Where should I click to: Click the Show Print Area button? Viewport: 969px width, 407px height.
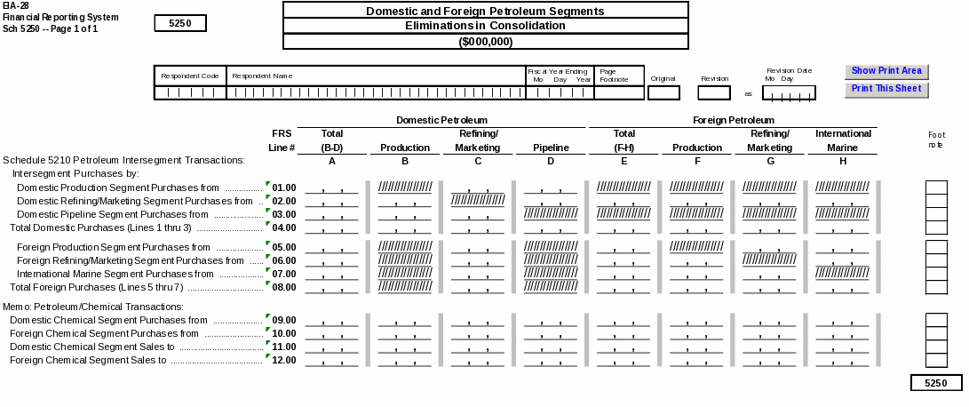[886, 71]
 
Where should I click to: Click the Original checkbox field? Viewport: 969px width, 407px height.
[663, 92]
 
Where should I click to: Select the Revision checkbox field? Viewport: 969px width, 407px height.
[714, 92]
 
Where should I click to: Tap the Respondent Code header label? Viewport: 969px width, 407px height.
[190, 76]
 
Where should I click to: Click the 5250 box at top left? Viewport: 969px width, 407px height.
[179, 24]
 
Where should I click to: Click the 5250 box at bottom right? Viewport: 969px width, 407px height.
[936, 383]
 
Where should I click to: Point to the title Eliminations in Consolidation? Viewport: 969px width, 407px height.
[485, 26]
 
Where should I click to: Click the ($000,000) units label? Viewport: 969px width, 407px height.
[485, 42]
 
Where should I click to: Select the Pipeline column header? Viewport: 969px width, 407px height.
[551, 148]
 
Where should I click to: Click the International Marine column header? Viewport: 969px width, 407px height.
[843, 140]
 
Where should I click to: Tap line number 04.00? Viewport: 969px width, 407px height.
[283, 227]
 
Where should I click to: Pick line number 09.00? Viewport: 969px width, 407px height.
[283, 320]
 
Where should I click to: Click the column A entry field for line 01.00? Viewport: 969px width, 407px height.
[331, 188]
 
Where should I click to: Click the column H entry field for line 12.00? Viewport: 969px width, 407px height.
[843, 360]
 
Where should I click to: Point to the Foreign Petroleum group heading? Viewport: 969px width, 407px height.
[733, 120]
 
